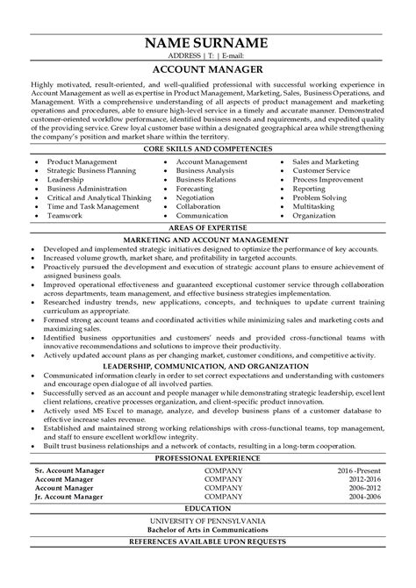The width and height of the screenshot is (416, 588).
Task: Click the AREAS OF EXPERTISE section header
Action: (x=208, y=227)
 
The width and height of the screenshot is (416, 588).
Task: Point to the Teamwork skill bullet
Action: (x=67, y=215)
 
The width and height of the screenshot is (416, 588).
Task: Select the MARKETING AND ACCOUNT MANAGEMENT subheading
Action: (x=208, y=239)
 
